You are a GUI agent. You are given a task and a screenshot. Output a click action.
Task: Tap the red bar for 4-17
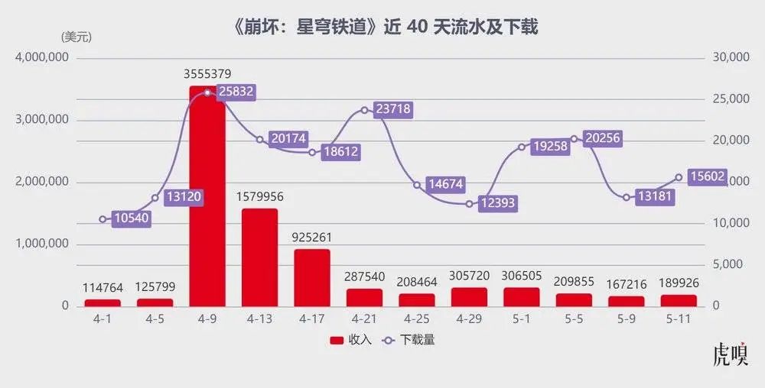click(x=311, y=277)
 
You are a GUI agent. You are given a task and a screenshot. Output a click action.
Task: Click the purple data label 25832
click(x=235, y=92)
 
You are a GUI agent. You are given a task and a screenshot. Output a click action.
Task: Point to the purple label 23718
click(x=393, y=109)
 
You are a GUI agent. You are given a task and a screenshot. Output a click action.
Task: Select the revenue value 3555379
click(x=207, y=74)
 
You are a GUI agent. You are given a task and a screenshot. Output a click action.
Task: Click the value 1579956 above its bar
click(x=259, y=196)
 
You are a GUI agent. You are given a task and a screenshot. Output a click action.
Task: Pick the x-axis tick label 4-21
click(x=364, y=319)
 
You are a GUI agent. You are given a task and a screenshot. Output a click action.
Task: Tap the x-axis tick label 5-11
click(x=679, y=319)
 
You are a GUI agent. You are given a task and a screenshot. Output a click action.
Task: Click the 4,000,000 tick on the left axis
click(x=43, y=58)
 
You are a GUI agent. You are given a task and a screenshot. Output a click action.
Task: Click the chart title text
click(x=383, y=27)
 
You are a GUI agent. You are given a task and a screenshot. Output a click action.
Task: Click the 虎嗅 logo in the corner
click(x=729, y=355)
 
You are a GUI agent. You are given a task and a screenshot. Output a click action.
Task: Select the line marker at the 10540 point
click(x=103, y=219)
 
